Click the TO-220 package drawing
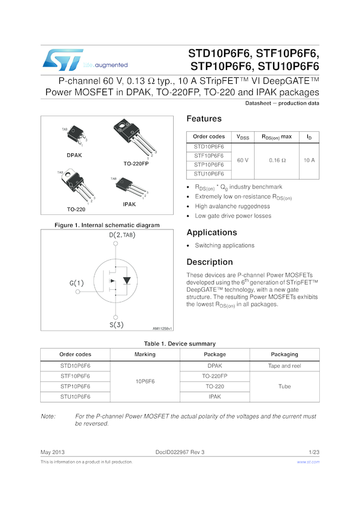[77, 186]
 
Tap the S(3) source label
[116, 325]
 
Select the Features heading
[204, 119]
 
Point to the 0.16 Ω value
[277, 160]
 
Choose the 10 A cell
[309, 160]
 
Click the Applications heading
[211, 232]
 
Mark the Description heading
[210, 262]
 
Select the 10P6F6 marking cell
[145, 381]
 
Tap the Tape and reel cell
[284, 365]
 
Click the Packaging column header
[284, 354]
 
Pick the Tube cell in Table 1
[284, 386]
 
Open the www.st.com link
[308, 462]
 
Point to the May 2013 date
[52, 452]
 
